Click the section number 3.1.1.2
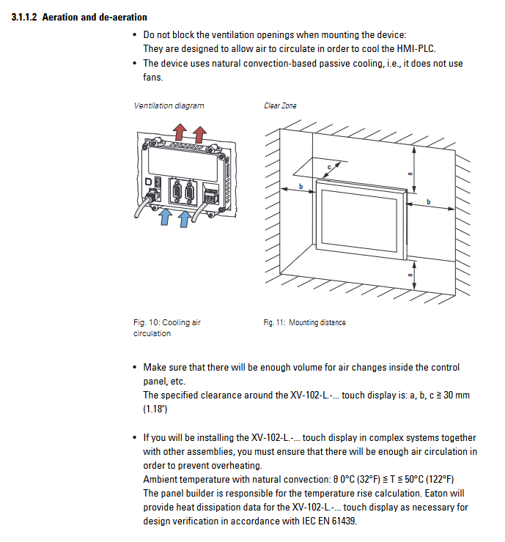tap(25, 17)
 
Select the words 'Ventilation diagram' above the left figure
tap(169, 105)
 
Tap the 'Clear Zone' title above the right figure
tap(280, 105)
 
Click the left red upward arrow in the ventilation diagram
tap(180, 132)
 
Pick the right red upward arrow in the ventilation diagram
tap(198, 133)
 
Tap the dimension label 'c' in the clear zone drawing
tap(329, 168)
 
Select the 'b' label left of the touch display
tap(301, 188)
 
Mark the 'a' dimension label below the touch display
tap(411, 275)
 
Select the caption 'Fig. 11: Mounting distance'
tap(304, 322)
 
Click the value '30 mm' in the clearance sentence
tap(454, 395)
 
